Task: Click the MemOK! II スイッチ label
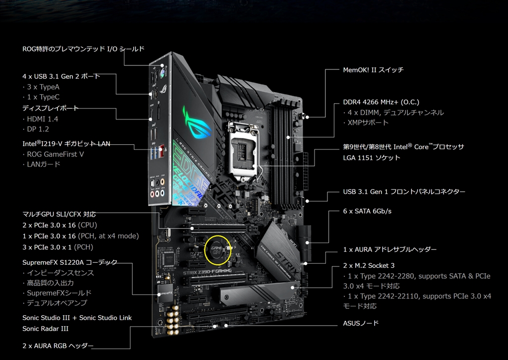click(373, 70)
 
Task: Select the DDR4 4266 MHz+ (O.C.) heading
click(381, 102)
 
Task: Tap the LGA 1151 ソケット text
click(372, 158)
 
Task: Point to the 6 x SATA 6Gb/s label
click(367, 211)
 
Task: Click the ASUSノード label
click(361, 323)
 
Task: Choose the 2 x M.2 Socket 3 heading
click(369, 266)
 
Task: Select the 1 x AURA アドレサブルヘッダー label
click(390, 249)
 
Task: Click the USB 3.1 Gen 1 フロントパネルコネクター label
click(404, 192)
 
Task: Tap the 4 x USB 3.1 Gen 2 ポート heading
click(61, 76)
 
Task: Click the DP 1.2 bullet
click(36, 129)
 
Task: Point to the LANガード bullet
click(42, 164)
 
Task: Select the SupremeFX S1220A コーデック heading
click(70, 262)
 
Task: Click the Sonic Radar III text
click(45, 329)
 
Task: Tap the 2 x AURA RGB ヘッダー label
click(58, 346)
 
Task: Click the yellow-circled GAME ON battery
click(218, 249)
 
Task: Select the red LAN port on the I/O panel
click(161, 151)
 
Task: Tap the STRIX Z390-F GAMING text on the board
click(207, 272)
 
